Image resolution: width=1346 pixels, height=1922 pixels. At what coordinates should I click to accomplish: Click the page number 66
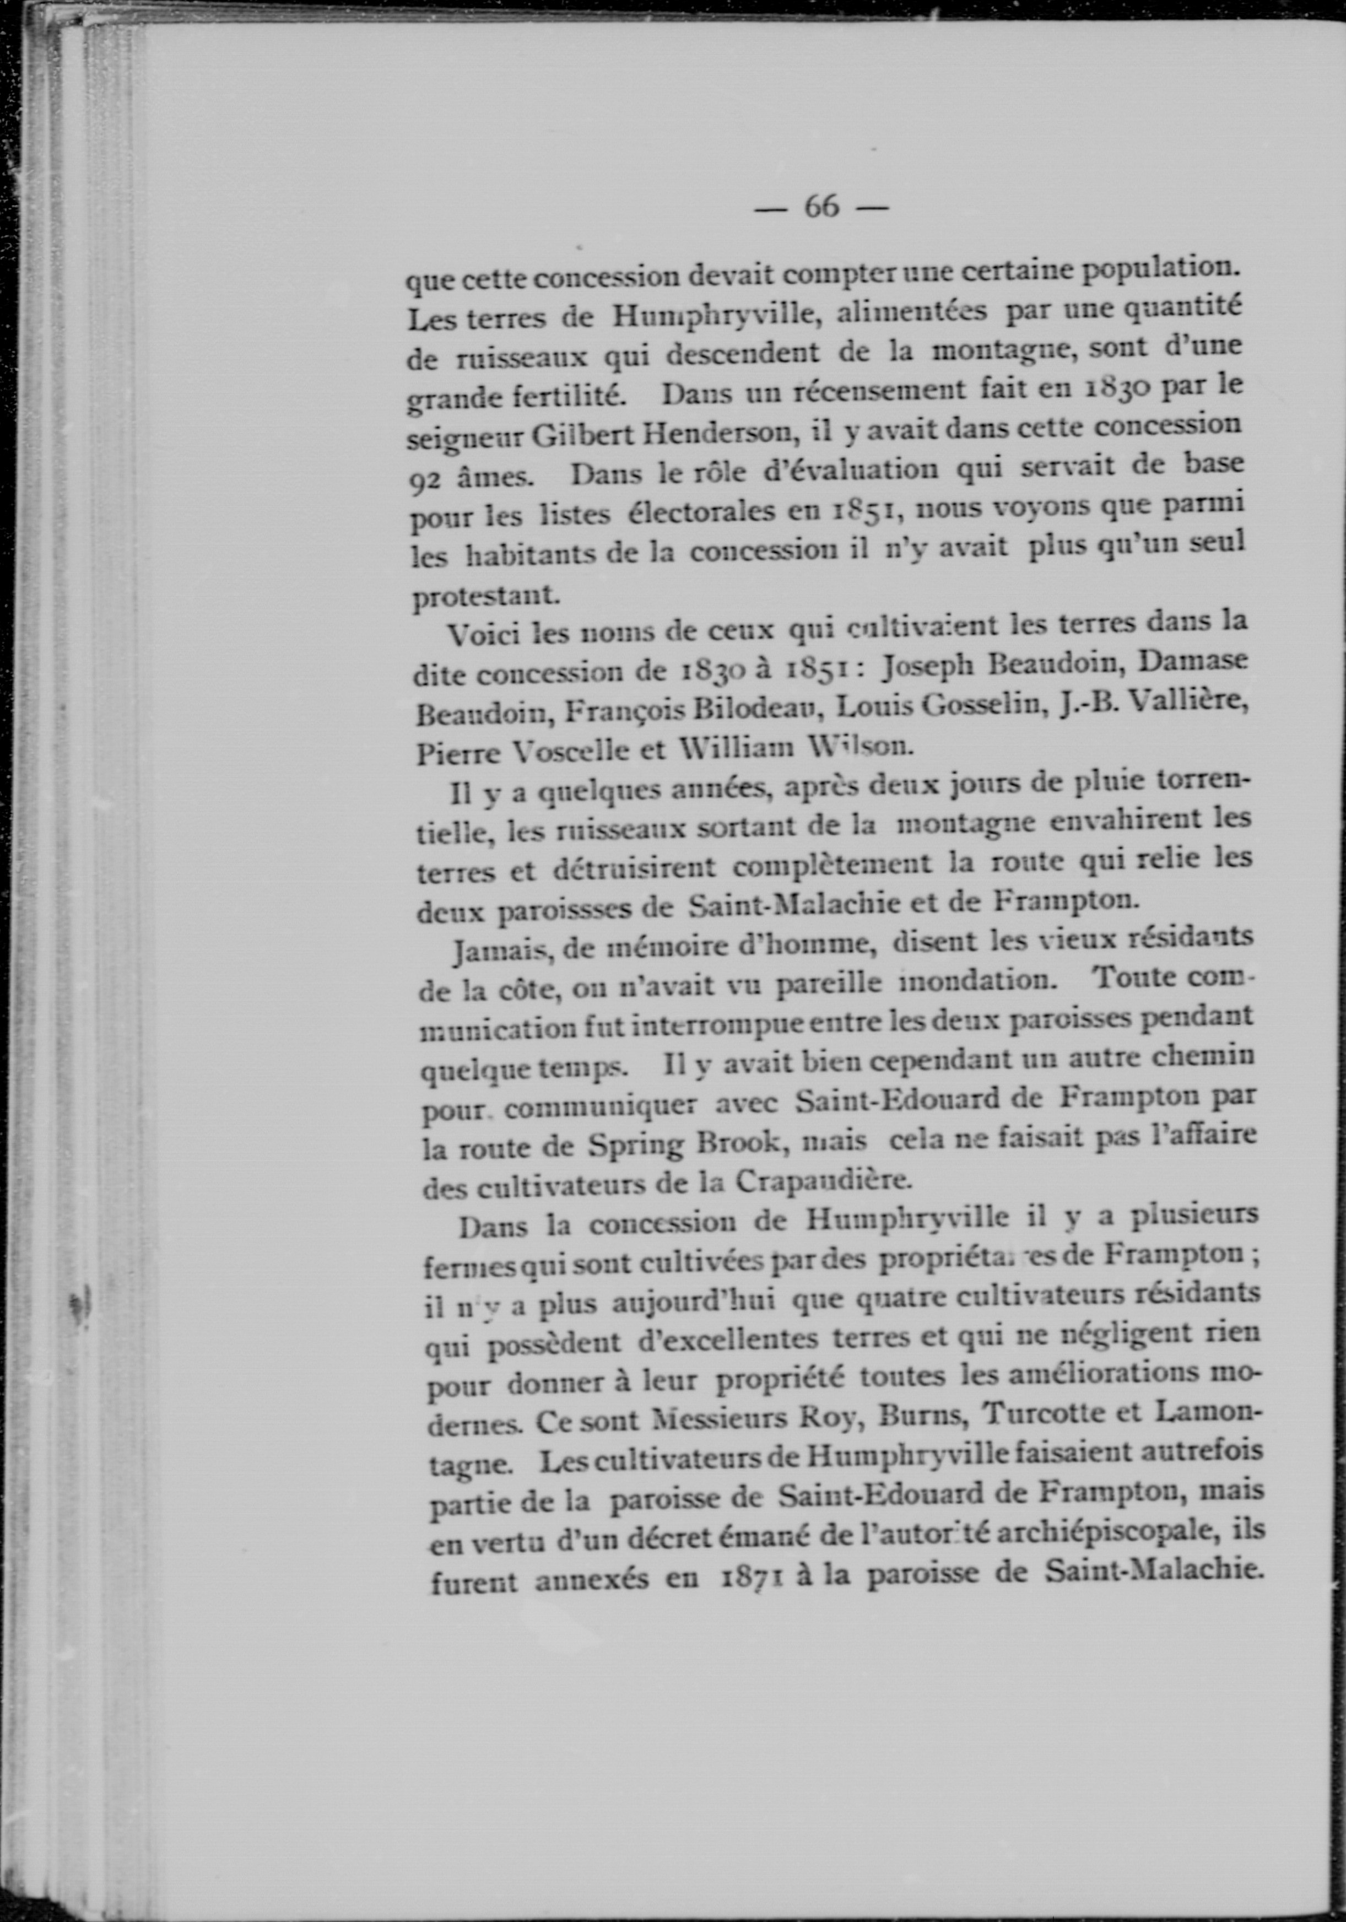click(x=821, y=206)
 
